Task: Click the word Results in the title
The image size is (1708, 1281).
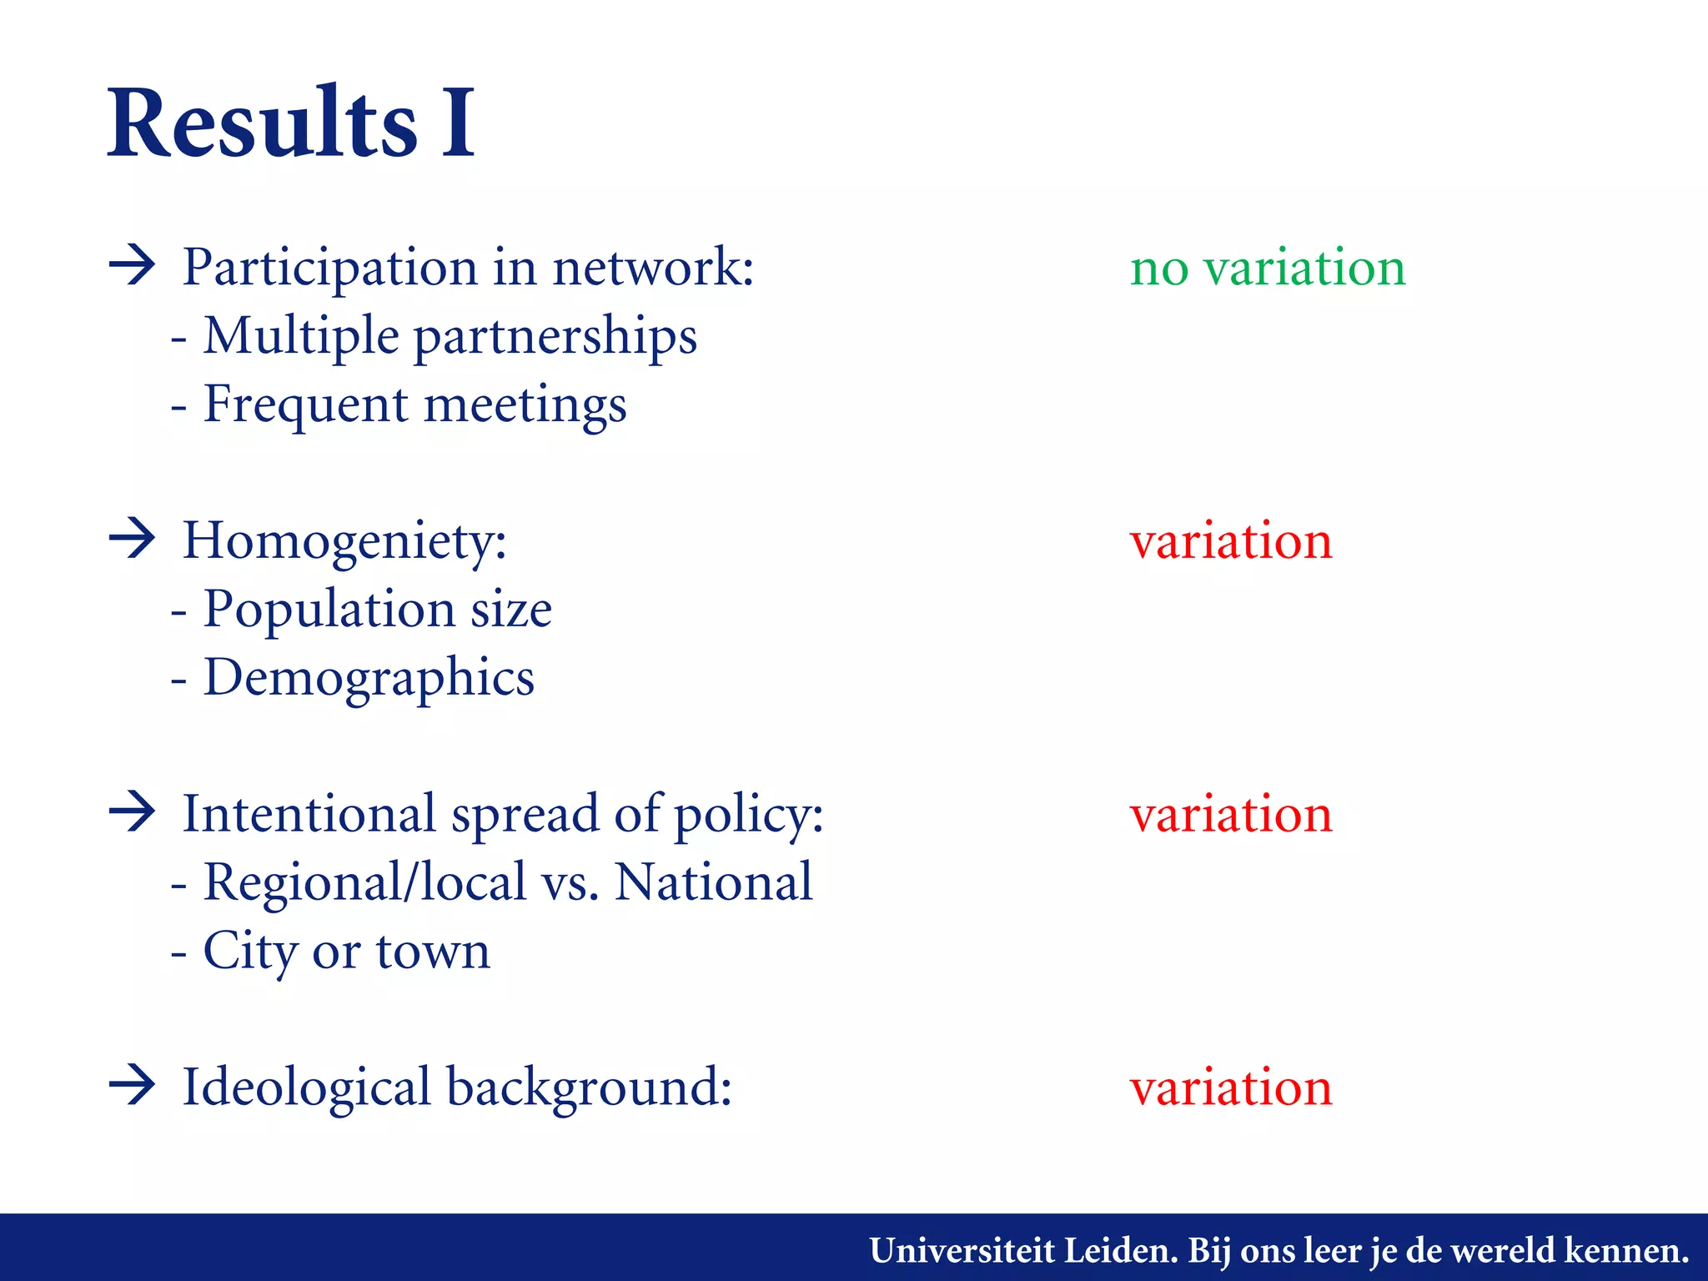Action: [263, 123]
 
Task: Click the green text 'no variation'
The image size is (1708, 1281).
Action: [1268, 269]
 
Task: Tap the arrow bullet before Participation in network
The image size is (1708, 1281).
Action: [133, 266]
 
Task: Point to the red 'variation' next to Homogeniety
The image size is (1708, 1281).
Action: [1231, 541]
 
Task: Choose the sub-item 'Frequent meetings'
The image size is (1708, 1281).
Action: [414, 405]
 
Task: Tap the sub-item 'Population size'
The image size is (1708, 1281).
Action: [377, 610]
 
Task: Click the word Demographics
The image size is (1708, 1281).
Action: [369, 678]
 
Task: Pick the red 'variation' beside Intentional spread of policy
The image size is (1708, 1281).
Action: [1231, 815]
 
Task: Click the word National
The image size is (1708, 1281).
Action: [713, 882]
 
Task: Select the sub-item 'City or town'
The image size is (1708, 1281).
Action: [346, 952]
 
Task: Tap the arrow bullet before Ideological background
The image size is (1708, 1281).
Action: [133, 1085]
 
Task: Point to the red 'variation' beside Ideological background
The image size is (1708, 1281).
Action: [1231, 1088]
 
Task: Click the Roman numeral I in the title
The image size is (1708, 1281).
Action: [458, 123]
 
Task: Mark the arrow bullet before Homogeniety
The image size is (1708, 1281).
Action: [133, 539]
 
